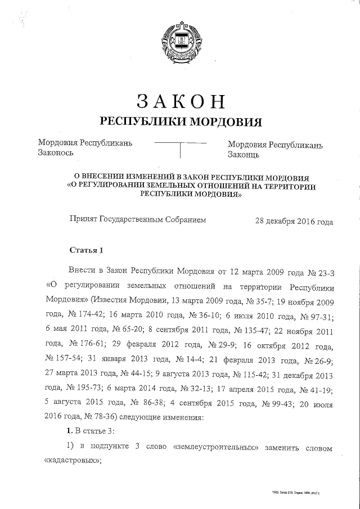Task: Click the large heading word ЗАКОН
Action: coord(181,101)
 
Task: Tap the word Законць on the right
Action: coord(244,153)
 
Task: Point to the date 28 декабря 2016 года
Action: coord(294,222)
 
